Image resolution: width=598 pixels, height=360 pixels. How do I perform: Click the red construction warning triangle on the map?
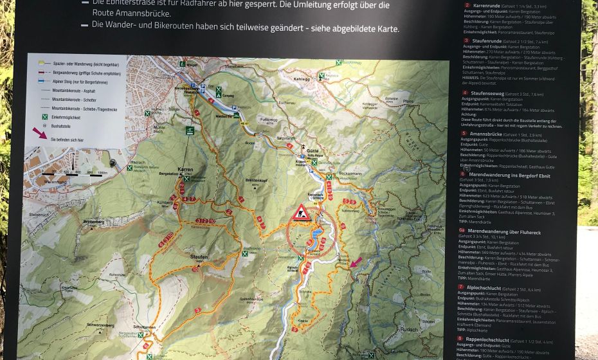pos(301,213)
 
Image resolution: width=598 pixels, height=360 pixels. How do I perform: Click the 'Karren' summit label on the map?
pos(185,168)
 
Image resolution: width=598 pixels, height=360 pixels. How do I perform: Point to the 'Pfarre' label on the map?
pos(407,102)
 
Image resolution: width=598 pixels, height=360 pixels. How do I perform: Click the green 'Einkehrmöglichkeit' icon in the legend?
pos(45,116)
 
